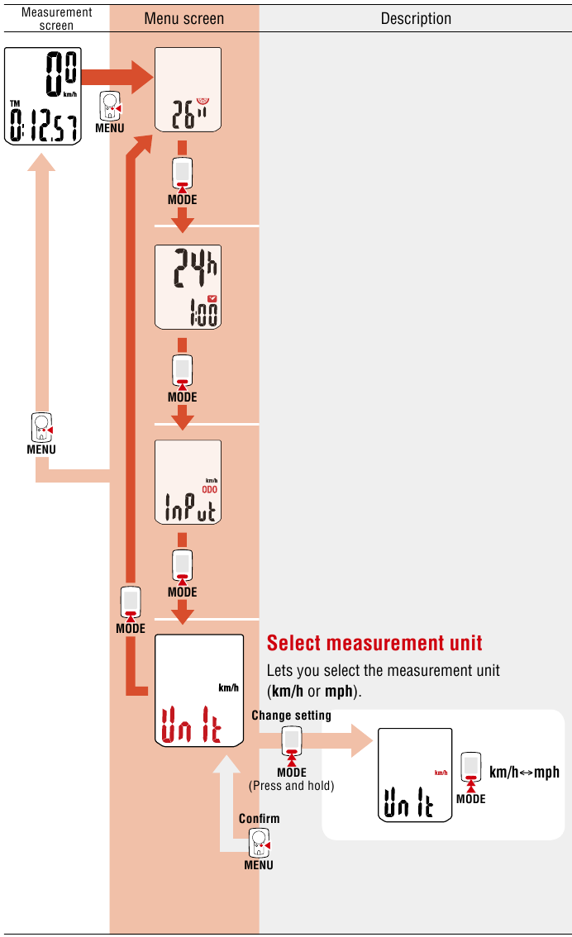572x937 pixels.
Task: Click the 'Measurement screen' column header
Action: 56,18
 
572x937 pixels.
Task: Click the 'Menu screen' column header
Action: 184,18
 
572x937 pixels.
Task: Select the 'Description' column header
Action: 416,18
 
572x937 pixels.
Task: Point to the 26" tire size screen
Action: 188,90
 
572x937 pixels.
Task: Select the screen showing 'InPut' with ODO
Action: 188,482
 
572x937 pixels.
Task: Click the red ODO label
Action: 210,489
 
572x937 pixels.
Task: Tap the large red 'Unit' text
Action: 191,724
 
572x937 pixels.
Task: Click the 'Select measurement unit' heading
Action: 374,643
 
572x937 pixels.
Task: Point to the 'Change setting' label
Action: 291,715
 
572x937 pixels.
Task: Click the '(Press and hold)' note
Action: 291,786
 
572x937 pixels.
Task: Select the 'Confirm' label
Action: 259,818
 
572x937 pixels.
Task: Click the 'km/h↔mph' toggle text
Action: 524,772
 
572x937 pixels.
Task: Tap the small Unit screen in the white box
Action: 414,774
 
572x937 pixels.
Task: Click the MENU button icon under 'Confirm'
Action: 259,844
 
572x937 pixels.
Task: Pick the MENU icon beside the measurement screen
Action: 110,107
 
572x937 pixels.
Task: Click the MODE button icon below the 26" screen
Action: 182,174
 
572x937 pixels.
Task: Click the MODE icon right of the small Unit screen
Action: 471,768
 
